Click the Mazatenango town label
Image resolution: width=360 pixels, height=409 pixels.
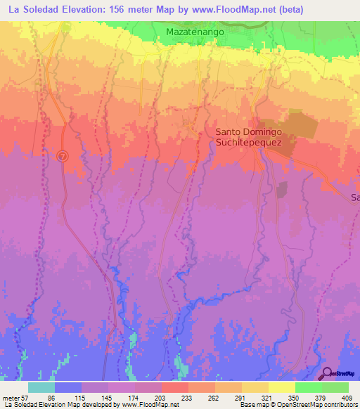click(195, 32)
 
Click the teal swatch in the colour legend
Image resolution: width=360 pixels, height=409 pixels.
click(41, 387)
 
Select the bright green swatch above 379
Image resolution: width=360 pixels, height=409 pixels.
click(308, 387)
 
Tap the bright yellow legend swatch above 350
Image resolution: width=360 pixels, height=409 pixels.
click(281, 387)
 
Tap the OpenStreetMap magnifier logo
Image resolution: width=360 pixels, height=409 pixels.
click(327, 373)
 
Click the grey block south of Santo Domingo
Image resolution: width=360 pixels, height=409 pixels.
click(282, 190)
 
